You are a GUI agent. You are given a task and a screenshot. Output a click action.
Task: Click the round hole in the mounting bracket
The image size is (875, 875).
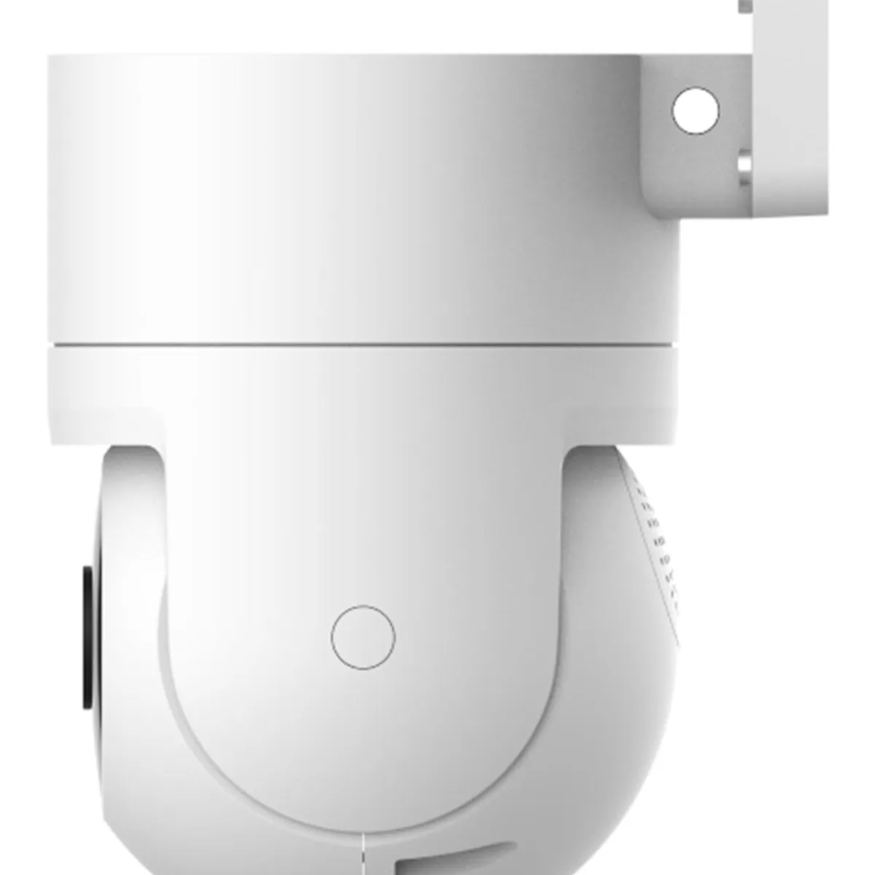(x=695, y=111)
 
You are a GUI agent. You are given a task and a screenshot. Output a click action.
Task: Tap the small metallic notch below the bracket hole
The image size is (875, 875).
(x=744, y=168)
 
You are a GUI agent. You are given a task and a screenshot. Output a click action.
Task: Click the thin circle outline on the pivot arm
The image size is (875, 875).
(x=362, y=637)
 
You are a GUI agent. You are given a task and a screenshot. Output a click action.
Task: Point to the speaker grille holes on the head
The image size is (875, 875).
(x=656, y=540)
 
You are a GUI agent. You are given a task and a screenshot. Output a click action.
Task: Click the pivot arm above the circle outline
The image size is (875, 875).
(x=362, y=525)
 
